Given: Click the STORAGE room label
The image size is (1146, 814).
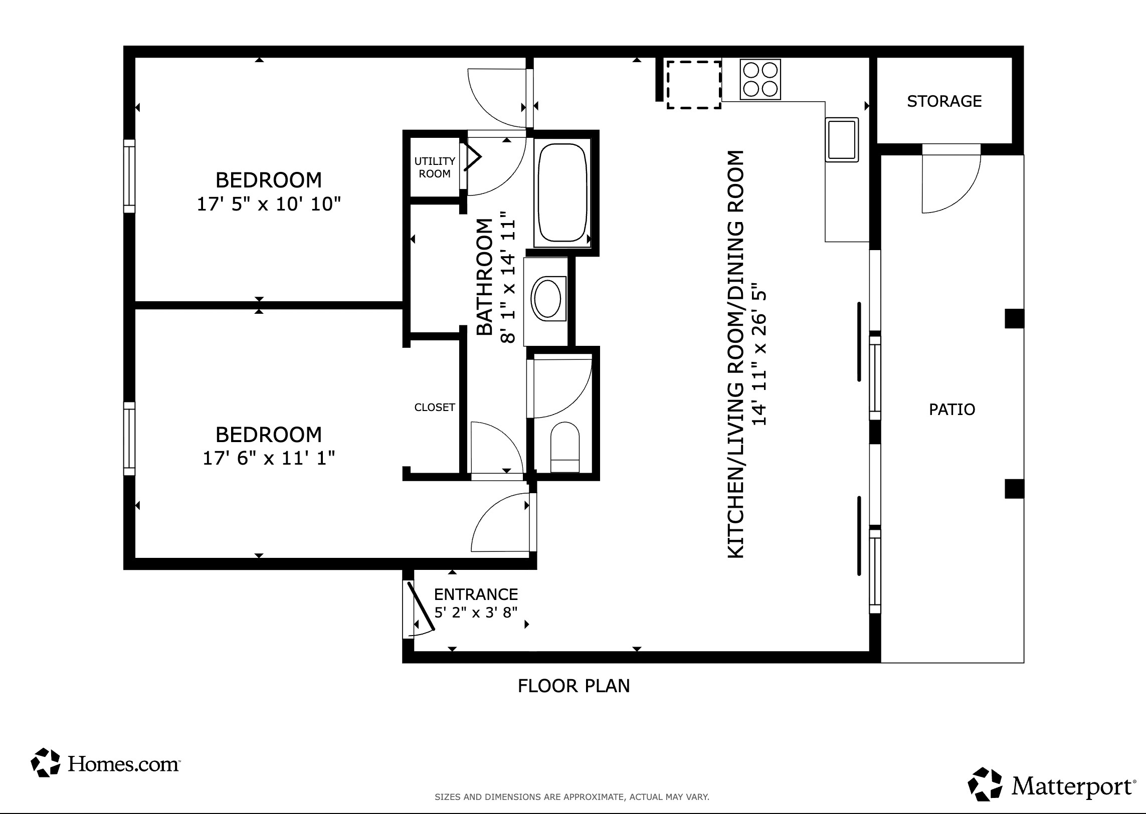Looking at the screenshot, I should [x=944, y=101].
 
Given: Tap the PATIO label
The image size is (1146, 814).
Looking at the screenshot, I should [x=951, y=410].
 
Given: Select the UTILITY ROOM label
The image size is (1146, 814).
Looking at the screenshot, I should [x=434, y=167].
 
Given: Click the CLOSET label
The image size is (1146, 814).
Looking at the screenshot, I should [x=434, y=408].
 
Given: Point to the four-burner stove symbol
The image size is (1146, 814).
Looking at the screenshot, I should [x=760, y=79].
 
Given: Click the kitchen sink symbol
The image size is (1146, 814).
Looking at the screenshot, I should [x=842, y=139].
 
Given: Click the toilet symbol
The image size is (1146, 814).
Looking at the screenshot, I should [x=564, y=447].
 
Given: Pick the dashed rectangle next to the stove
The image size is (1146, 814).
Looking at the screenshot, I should [x=694, y=84].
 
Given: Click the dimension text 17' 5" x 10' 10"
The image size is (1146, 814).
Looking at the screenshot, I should [x=269, y=205].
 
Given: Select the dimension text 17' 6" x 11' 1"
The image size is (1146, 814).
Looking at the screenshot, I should [x=269, y=458].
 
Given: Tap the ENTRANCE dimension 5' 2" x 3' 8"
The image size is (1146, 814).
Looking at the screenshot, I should [x=475, y=613].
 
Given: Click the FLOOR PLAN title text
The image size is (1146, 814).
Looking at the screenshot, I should [x=574, y=686].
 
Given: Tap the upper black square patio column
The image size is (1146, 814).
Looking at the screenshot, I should [x=1014, y=319].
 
